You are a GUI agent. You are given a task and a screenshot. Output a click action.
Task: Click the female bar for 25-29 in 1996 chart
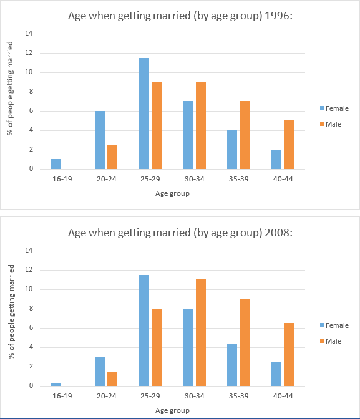click(144, 113)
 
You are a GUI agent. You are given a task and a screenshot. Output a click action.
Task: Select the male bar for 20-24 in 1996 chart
click(112, 157)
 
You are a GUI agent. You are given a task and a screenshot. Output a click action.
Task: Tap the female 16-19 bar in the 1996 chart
click(56, 164)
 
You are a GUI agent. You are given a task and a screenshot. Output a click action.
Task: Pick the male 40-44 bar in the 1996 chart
click(289, 145)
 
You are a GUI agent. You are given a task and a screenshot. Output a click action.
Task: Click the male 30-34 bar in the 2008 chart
click(200, 332)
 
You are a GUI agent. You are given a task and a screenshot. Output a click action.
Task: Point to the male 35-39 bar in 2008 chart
click(245, 342)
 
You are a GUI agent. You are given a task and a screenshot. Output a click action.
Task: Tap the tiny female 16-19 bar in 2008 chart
click(56, 384)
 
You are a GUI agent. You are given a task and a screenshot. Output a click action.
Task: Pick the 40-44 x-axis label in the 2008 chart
click(283, 396)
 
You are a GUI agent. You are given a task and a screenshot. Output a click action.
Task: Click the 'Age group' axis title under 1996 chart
click(172, 193)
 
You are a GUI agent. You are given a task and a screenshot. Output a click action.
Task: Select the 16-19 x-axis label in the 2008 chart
click(62, 396)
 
